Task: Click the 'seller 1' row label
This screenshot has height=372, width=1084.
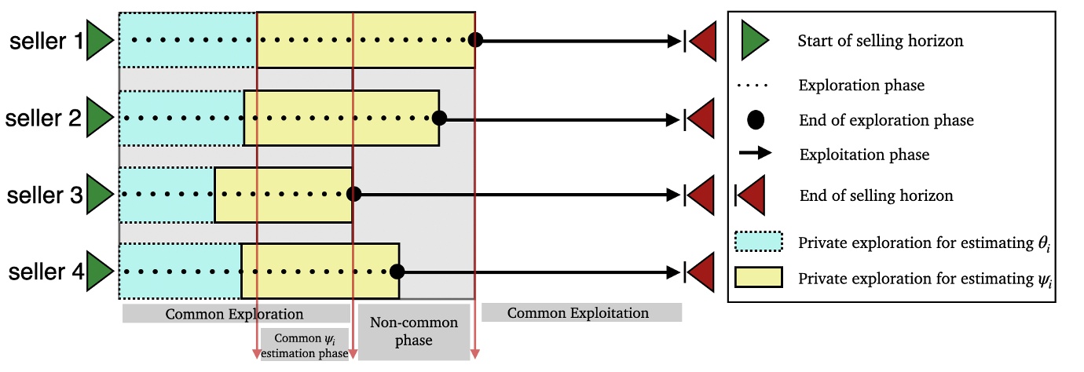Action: [x=46, y=41]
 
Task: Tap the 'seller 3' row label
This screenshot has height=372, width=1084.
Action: [x=46, y=195]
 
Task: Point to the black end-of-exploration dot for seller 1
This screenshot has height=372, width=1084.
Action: [x=474, y=41]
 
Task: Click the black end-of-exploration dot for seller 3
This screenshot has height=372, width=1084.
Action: [x=353, y=195]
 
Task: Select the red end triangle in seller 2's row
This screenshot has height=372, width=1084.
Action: [x=701, y=119]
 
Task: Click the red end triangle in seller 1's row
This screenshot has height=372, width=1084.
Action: [x=701, y=41]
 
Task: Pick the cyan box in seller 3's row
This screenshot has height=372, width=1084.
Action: [x=167, y=195]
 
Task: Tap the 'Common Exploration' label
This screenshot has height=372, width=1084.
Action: [x=234, y=314]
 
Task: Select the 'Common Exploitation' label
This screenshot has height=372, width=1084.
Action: [x=578, y=313]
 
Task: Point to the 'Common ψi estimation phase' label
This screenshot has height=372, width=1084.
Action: [x=304, y=346]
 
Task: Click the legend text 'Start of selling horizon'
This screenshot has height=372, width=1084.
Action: [x=880, y=41]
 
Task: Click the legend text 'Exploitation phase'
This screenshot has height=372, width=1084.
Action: [x=864, y=155]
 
